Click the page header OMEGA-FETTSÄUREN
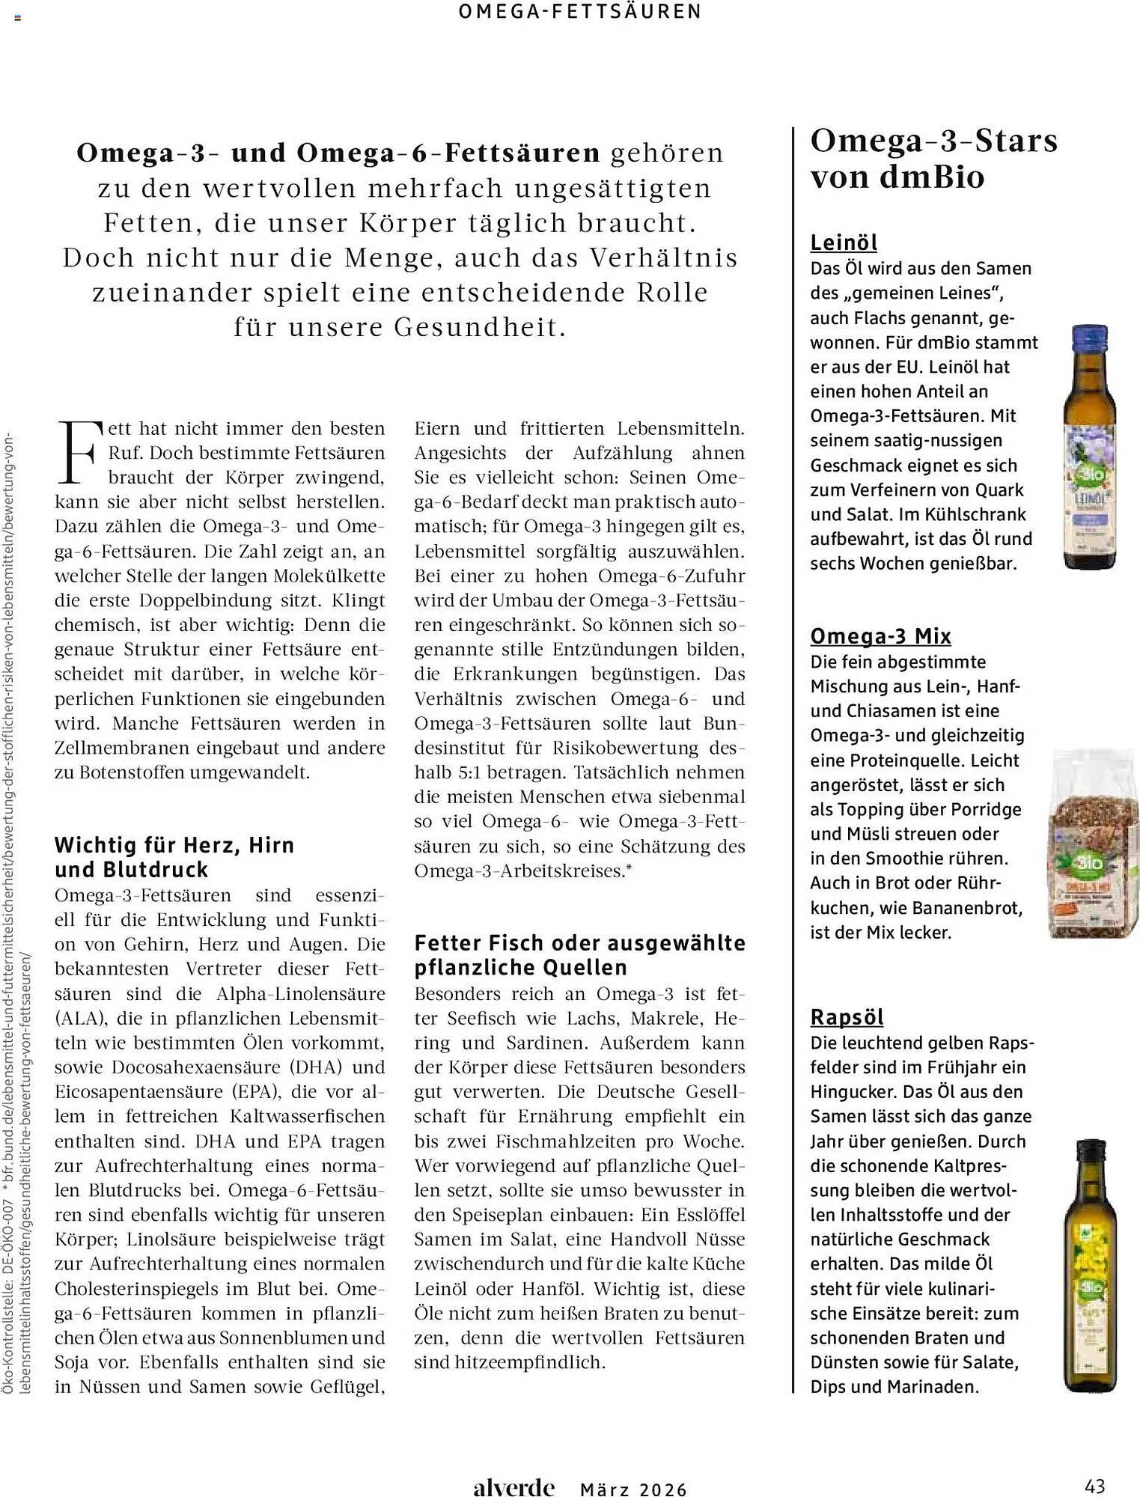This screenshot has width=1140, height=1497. [x=580, y=12]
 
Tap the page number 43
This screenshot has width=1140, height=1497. [x=1094, y=1485]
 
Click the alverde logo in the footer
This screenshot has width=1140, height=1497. [x=513, y=1487]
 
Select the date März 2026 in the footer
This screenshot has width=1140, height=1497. [x=633, y=1490]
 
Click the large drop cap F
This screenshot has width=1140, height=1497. [x=78, y=452]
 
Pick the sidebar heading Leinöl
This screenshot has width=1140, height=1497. [x=844, y=243]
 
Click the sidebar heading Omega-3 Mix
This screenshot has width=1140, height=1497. [x=880, y=636]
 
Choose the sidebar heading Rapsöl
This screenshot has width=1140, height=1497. [x=847, y=1017]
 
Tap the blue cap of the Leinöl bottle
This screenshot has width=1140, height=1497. [x=1090, y=338]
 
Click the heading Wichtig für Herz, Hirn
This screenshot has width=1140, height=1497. [x=174, y=845]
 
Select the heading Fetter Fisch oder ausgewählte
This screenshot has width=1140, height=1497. [x=579, y=943]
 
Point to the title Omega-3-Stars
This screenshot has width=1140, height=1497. [x=933, y=141]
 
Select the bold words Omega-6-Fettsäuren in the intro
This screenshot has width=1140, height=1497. [x=448, y=153]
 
